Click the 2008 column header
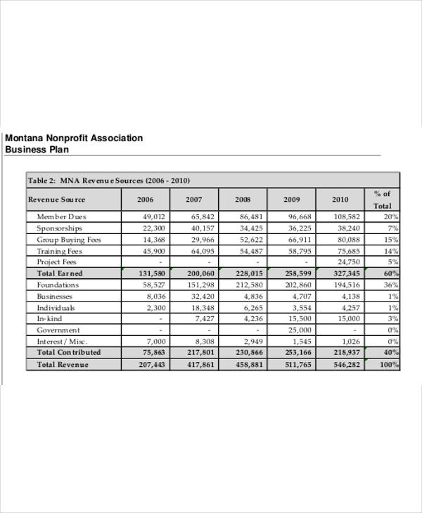pos(243,200)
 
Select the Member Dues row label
pos(61,217)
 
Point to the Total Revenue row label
pos(63,365)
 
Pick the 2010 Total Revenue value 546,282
pos(345,365)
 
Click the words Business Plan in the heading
pos(37,150)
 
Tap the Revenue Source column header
pos(56,200)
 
